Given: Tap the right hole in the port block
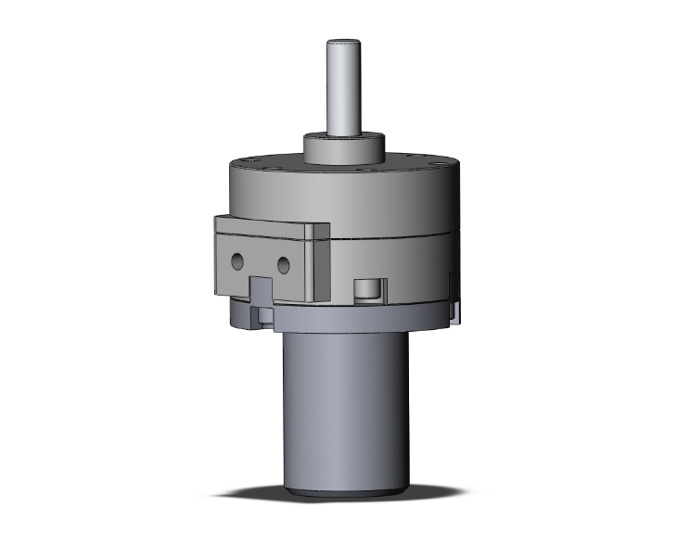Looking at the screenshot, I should pyautogui.click(x=284, y=265).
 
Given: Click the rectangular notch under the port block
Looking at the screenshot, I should pyautogui.click(x=261, y=291).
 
